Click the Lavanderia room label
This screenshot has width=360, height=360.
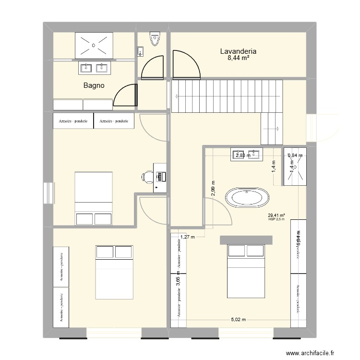[238, 51]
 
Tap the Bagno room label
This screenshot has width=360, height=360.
[94, 86]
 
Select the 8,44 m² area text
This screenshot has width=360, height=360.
[238, 58]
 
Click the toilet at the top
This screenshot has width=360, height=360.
[155, 39]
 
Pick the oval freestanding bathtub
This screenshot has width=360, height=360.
[246, 198]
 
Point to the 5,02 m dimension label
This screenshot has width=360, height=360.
[239, 320]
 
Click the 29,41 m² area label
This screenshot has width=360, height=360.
[276, 216]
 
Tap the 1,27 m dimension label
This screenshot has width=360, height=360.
[188, 237]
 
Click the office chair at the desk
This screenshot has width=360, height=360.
[147, 177]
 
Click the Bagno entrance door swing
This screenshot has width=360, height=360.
[126, 94]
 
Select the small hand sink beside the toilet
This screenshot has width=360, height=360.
[140, 51]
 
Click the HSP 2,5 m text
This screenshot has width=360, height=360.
[276, 220]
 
